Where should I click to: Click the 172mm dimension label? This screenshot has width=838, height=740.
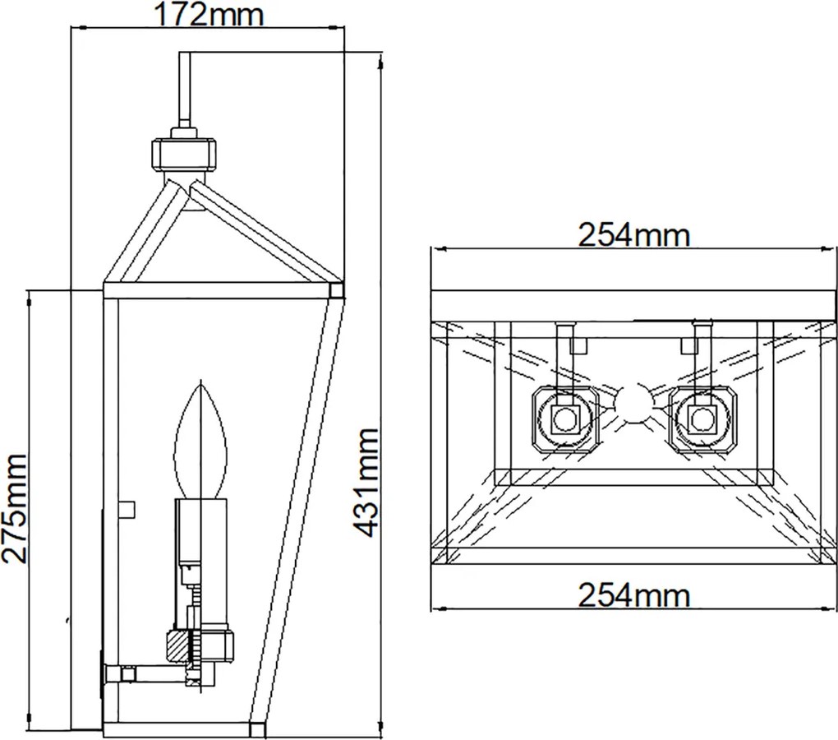click(208, 15)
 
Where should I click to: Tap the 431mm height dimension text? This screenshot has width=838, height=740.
click(366, 483)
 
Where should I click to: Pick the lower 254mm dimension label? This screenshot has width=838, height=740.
click(634, 594)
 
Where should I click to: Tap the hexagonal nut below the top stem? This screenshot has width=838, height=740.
click(185, 155)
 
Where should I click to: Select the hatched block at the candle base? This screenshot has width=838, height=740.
click(179, 647)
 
